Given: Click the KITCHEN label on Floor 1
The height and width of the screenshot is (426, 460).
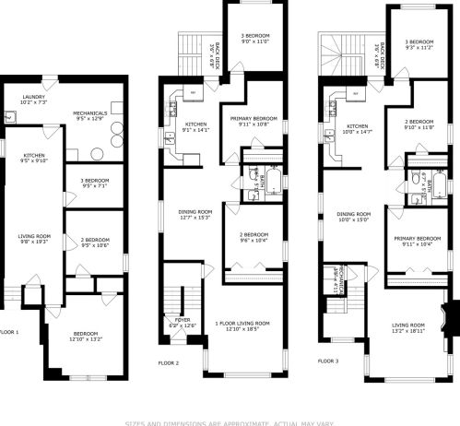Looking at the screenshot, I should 33,155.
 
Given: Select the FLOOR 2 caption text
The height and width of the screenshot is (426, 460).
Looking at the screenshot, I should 170,363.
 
